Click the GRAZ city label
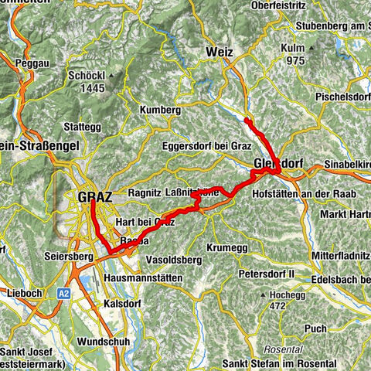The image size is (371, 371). point(95,197)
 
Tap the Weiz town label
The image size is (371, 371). point(220,52)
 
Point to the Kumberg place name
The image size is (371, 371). point(160,111)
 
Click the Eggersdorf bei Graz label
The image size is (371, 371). point(202,145)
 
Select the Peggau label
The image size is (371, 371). point(38,59)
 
